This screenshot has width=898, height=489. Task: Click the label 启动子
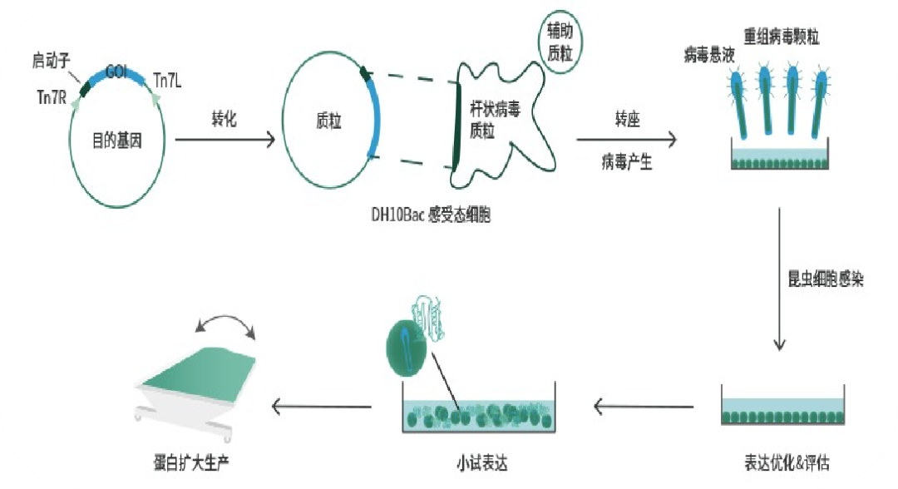tap(52, 60)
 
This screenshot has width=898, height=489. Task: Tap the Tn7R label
tap(52, 96)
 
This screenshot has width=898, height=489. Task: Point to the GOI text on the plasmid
tap(116, 72)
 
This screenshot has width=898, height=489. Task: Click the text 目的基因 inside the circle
tap(117, 141)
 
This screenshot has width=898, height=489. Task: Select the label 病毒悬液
tap(708, 56)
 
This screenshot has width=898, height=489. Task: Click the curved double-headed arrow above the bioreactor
tap(228, 324)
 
